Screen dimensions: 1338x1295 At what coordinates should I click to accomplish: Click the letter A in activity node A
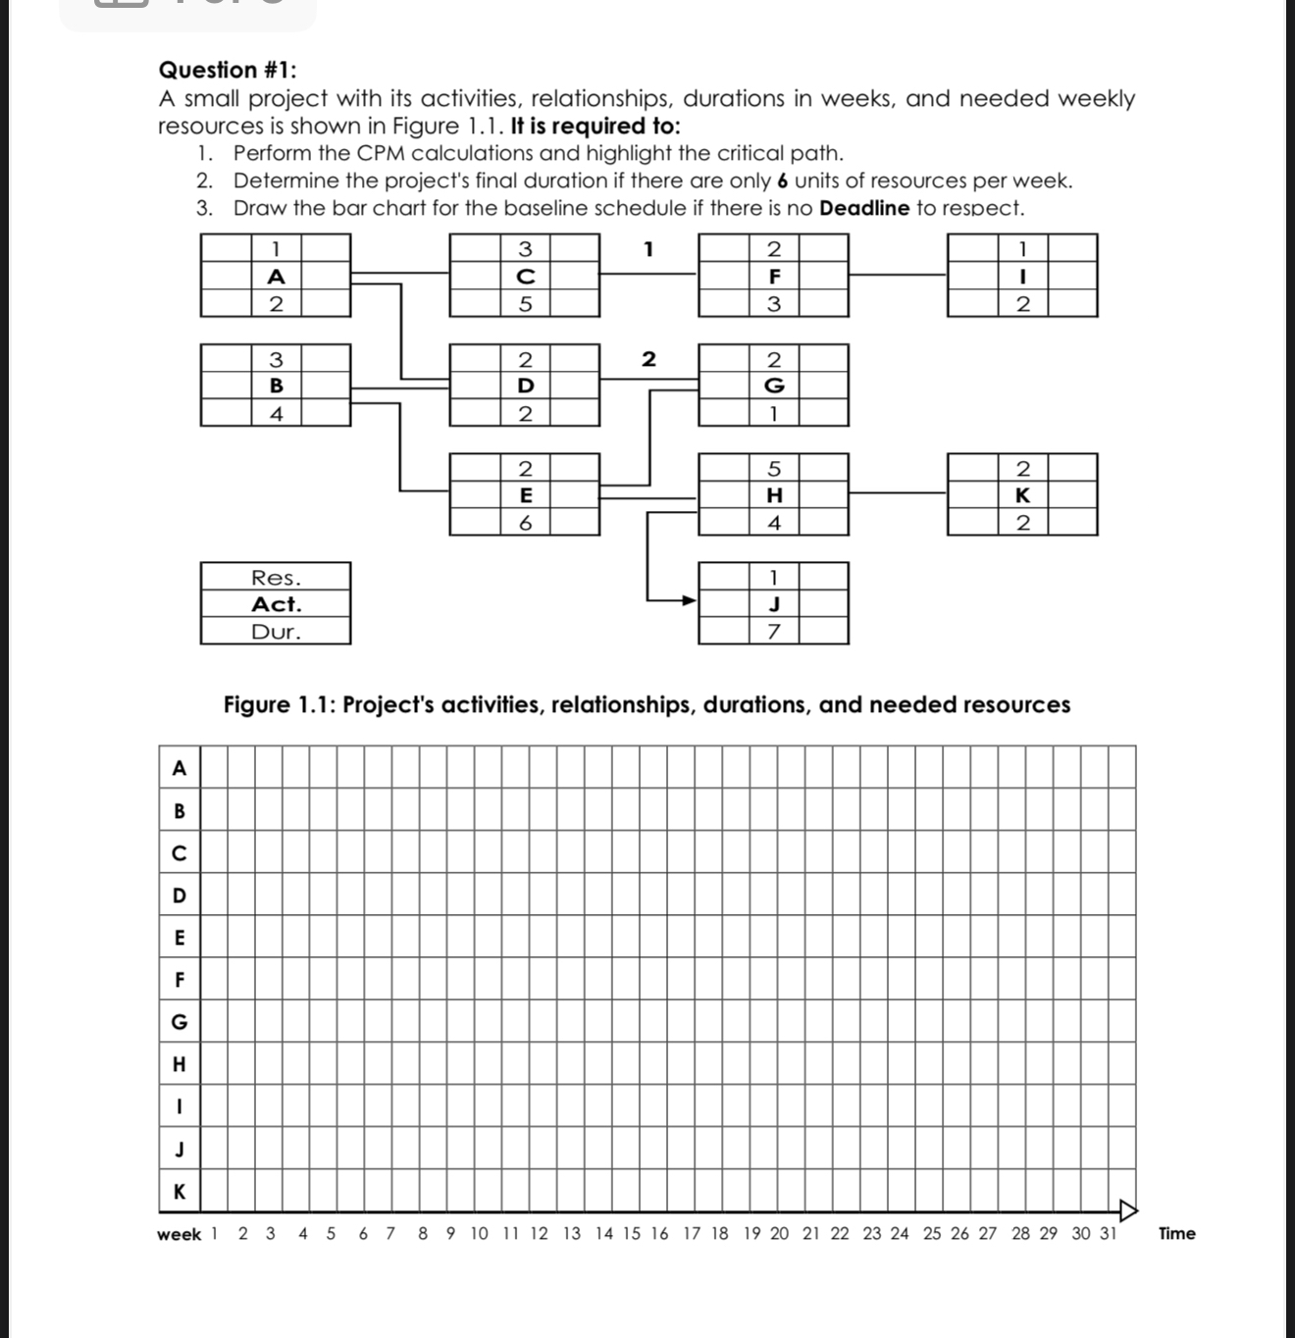[276, 277]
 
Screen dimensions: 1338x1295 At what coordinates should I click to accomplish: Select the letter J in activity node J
[773, 603]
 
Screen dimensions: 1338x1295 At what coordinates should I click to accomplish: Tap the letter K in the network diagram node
[1022, 495]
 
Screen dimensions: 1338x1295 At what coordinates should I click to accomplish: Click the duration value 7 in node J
[773, 632]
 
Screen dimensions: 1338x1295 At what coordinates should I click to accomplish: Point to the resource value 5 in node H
[773, 468]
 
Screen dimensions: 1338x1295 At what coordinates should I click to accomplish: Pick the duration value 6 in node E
[525, 523]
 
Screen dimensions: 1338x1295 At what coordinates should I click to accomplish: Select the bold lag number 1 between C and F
[647, 249]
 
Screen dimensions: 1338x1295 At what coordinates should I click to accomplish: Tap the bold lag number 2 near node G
[647, 359]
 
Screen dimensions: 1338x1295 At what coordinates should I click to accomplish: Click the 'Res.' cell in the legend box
[276, 578]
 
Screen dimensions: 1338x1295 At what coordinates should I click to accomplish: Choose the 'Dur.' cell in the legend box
[276, 632]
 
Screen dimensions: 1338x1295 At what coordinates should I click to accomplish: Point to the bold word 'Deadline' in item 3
[864, 208]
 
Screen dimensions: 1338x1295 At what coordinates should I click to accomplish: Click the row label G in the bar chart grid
[179, 1022]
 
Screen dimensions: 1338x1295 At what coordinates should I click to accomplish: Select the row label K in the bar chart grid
[179, 1192]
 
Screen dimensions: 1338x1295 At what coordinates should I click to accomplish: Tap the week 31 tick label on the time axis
[1108, 1234]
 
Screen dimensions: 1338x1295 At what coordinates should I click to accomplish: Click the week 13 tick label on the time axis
[571, 1234]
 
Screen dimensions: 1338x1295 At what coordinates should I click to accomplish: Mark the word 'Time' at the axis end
[1176, 1234]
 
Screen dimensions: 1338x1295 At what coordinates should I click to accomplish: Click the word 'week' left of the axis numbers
[179, 1235]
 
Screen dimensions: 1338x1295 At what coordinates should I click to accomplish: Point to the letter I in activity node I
[1022, 277]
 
